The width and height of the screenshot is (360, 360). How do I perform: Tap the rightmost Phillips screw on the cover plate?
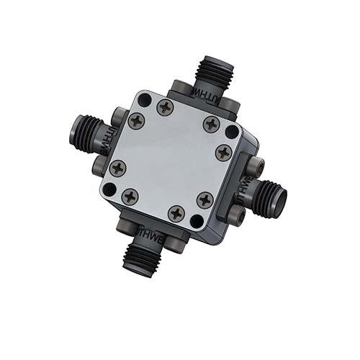coord(224,153)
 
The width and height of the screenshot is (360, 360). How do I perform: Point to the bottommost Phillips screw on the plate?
coord(176,213)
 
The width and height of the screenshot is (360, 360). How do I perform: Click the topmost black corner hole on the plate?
coord(145,100)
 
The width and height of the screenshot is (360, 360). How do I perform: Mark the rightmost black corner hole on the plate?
coord(231,132)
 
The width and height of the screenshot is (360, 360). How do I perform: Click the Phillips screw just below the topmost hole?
coord(137,121)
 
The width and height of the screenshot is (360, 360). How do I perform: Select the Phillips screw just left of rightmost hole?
coord(210,124)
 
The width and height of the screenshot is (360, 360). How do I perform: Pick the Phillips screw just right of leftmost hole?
coord(131,196)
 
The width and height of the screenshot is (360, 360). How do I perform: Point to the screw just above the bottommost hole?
coord(205,199)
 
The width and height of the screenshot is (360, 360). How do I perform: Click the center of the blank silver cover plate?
coord(171,160)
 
